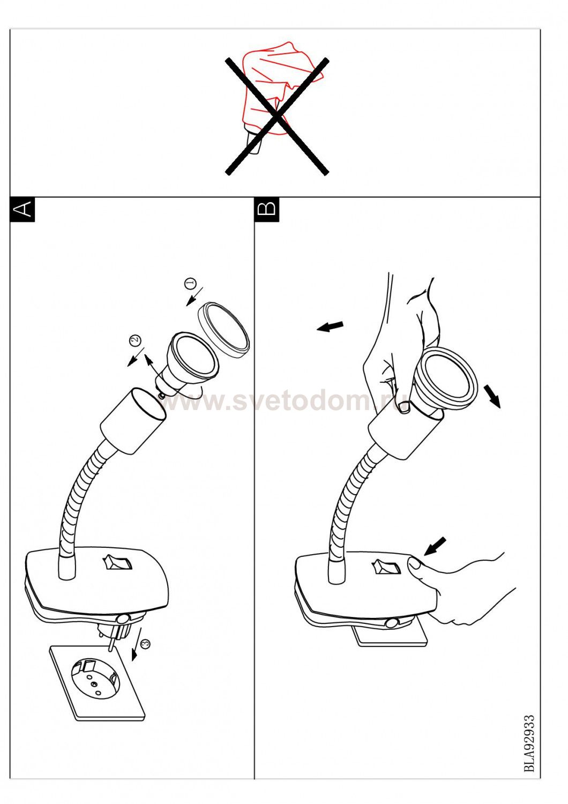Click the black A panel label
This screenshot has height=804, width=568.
pos(23,209)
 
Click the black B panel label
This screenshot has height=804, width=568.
pos(267,209)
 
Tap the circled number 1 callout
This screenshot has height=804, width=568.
pos(190,284)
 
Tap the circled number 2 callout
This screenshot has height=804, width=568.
pos(135,339)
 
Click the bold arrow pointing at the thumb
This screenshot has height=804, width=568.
pos(435,547)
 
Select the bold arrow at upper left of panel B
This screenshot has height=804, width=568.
pos(330,326)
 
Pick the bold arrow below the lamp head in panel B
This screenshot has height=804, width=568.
pos(492,396)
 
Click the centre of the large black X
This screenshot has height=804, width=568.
pos(276,116)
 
